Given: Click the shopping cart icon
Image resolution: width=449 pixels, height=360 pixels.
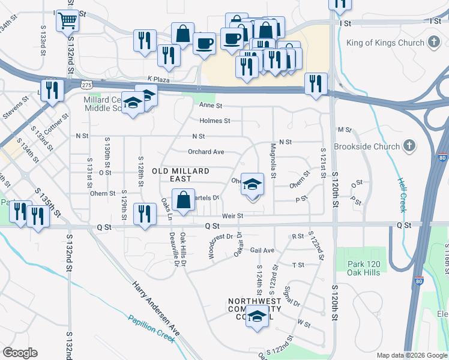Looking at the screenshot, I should [x=68, y=22].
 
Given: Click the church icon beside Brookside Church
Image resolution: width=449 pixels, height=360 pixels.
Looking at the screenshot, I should [x=409, y=146].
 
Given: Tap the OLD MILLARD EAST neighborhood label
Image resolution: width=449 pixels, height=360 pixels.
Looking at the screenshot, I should [x=172, y=175].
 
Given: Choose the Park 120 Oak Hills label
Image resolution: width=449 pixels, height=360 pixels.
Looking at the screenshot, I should [x=364, y=268].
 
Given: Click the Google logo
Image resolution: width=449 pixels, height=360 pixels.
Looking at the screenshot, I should [x=20, y=352].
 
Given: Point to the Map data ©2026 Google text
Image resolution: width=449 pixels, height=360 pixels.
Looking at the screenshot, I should [x=411, y=355].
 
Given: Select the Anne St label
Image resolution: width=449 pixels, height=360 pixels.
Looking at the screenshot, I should [x=211, y=106].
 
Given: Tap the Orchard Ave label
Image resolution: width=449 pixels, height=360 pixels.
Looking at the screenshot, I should [x=206, y=152].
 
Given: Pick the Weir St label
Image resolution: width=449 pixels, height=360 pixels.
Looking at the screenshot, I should [x=232, y=215].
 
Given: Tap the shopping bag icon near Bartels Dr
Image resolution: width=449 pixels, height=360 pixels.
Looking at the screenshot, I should [x=182, y=200].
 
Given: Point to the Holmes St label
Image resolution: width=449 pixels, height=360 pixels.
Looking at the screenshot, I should [x=215, y=121].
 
